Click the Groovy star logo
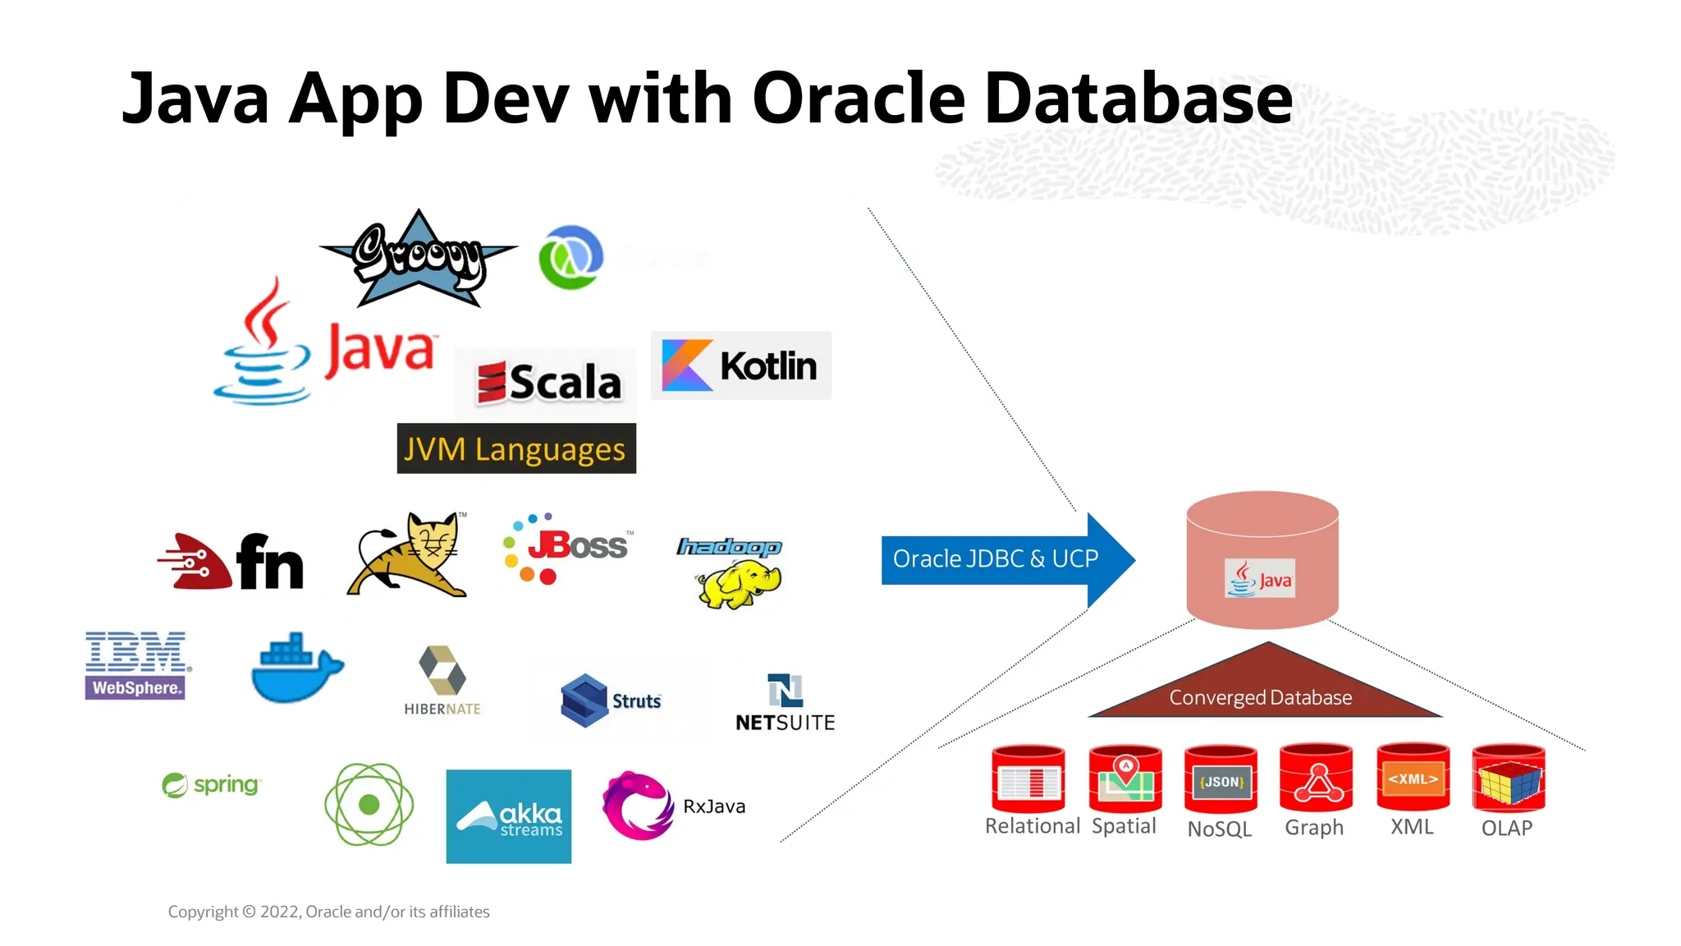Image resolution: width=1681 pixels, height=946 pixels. pyautogui.click(x=419, y=259)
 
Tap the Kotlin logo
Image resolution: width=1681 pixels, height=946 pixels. pyautogui.click(x=740, y=365)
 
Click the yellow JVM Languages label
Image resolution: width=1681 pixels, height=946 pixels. pyautogui.click(x=515, y=449)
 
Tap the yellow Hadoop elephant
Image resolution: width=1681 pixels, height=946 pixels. pyautogui.click(x=735, y=583)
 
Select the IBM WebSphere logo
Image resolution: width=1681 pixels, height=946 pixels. pyautogui.click(x=135, y=665)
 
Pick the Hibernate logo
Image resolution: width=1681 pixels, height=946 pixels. pyautogui.click(x=442, y=681)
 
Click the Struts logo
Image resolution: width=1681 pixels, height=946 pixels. pyautogui.click(x=610, y=700)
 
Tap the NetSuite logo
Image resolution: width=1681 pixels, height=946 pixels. pyautogui.click(x=785, y=703)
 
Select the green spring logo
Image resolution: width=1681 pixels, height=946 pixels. pyautogui.click(x=212, y=785)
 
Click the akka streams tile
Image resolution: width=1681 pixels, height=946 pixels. pyautogui.click(x=508, y=815)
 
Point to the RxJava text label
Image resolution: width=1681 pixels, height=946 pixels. pyautogui.click(x=714, y=806)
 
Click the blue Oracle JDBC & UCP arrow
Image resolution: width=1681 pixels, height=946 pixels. pyautogui.click(x=995, y=559)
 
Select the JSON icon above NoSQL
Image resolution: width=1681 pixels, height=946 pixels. pyautogui.click(x=1221, y=780)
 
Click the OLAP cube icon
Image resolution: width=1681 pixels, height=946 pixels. pyautogui.click(x=1508, y=778)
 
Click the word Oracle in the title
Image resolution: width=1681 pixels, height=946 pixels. pyautogui.click(x=858, y=99)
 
